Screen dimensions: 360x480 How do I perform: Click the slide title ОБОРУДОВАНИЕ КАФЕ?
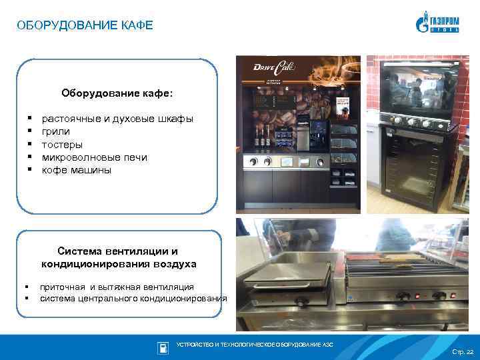[85, 26]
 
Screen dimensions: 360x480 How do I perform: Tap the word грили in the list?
[55, 131]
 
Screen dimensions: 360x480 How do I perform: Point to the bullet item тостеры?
[62, 144]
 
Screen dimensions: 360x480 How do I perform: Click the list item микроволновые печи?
[94, 157]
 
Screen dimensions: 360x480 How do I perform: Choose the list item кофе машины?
[77, 170]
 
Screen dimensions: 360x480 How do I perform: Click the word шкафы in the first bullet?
[175, 119]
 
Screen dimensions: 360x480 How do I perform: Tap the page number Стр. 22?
[462, 351]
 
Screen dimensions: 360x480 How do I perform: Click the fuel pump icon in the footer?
[162, 348]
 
